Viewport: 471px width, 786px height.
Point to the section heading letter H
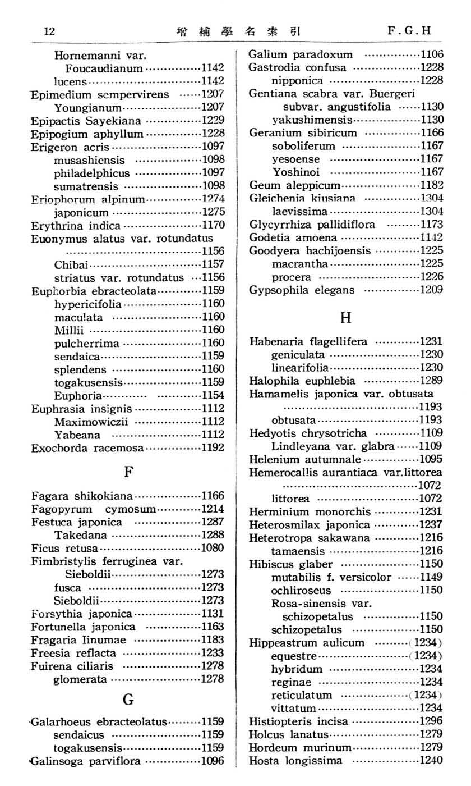[345, 317]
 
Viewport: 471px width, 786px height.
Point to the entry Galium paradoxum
[301, 54]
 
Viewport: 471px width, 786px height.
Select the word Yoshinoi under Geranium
[292, 172]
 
